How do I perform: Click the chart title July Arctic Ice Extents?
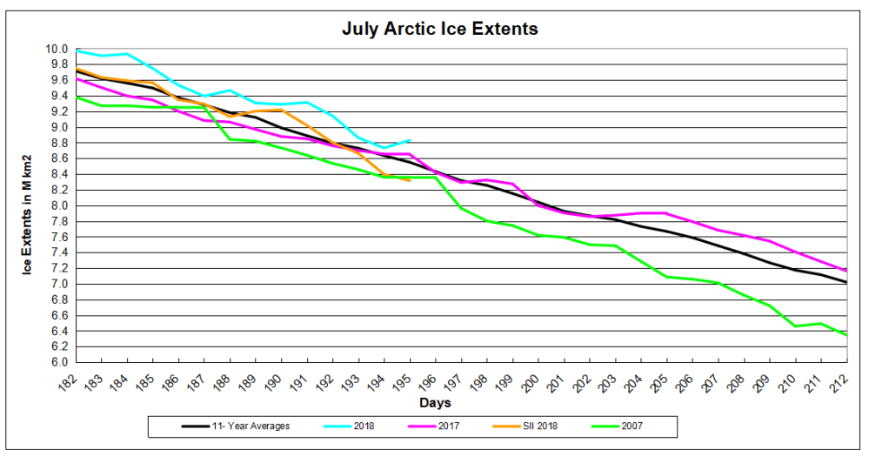(x=439, y=29)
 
